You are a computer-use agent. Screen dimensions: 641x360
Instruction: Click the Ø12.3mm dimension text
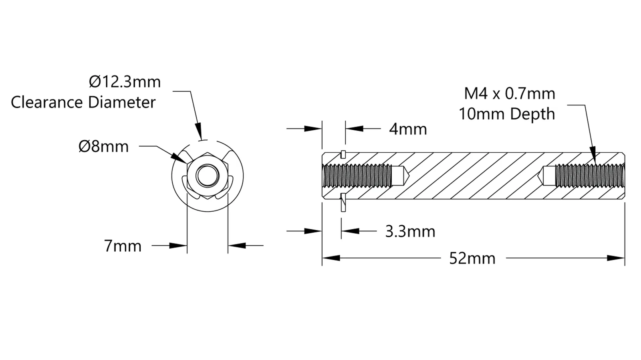125,82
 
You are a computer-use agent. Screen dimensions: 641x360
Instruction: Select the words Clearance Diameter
83,102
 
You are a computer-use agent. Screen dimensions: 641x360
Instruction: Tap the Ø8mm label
104,146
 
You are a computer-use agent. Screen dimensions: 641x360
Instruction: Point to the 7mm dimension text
123,246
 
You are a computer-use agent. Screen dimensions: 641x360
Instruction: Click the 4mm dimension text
408,129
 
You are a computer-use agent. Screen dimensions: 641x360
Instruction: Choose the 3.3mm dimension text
410,231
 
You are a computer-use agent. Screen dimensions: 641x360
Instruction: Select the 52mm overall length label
472,258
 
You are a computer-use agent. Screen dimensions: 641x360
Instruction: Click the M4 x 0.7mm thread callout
510,94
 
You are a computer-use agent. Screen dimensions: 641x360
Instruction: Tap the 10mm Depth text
507,114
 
